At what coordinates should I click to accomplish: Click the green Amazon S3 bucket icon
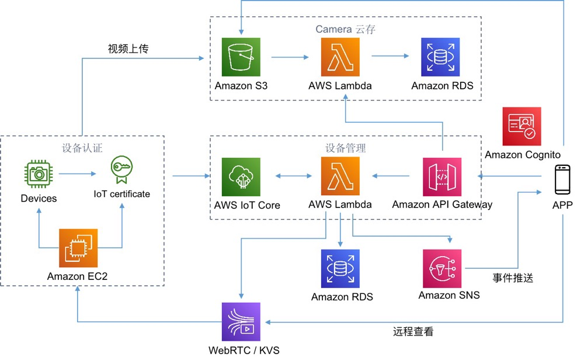click(x=241, y=57)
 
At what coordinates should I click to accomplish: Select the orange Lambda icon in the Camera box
click(x=340, y=57)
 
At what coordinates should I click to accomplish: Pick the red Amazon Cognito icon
click(x=522, y=126)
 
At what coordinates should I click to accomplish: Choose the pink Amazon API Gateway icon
click(x=442, y=177)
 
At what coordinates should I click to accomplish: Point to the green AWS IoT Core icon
click(x=241, y=177)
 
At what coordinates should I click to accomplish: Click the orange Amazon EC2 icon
click(x=78, y=248)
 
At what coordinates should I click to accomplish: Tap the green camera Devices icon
click(x=40, y=173)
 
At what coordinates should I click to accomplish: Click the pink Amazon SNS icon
click(x=442, y=269)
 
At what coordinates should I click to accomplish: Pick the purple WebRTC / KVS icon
click(x=241, y=321)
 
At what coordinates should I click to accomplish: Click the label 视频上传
click(x=128, y=49)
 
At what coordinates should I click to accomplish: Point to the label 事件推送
click(x=513, y=278)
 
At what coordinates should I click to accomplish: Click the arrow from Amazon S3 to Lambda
click(x=290, y=57)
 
